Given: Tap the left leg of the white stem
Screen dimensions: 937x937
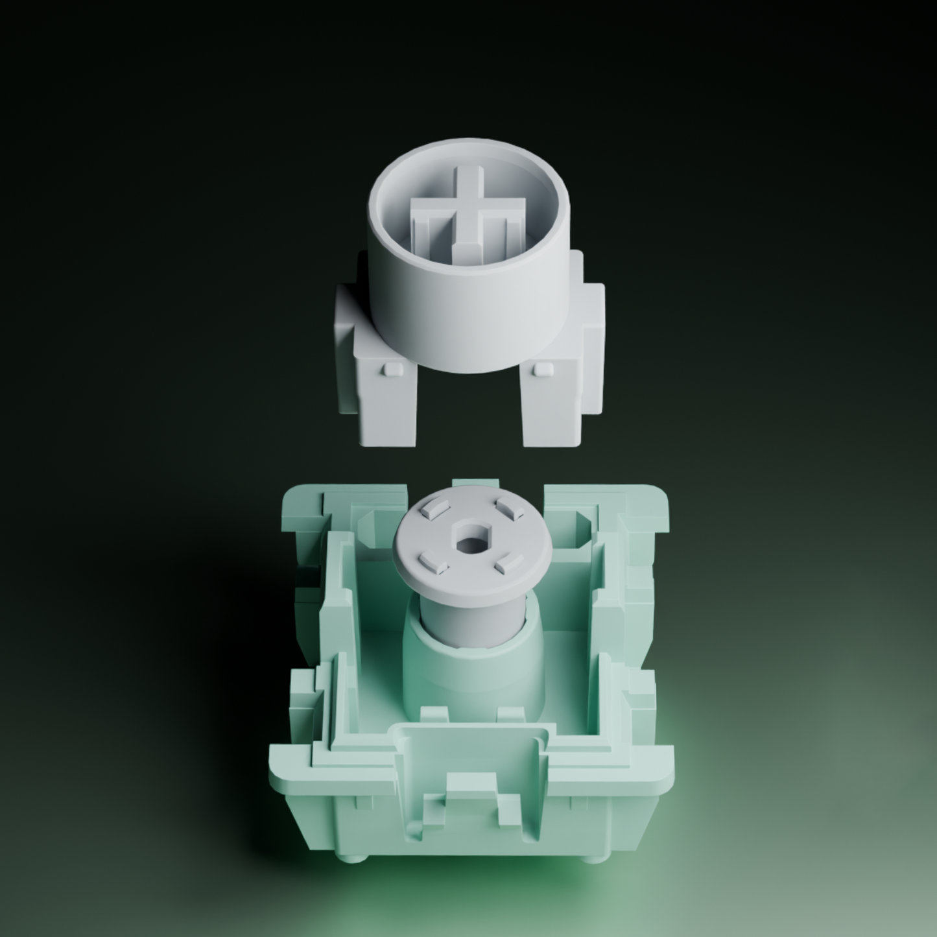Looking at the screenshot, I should click(386, 402).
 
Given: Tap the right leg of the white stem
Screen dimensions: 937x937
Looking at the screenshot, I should click(550, 402).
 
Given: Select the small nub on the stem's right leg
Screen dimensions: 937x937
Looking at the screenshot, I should click(541, 369).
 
